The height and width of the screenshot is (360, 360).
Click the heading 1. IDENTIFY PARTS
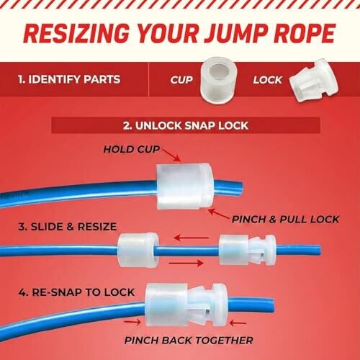tap(69, 79)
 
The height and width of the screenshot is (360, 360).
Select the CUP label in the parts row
tap(181, 80)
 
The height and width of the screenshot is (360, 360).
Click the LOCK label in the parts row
tap(268, 80)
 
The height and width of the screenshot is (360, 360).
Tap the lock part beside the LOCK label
tap(313, 81)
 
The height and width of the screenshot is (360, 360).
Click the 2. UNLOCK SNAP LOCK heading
tap(186, 125)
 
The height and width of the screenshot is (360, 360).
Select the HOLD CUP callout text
tap(132, 149)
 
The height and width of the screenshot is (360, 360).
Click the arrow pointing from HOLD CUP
tap(171, 155)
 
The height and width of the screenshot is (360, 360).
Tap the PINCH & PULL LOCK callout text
tap(285, 219)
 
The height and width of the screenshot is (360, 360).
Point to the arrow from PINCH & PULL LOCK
tap(218, 214)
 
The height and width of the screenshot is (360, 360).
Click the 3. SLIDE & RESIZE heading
tap(68, 227)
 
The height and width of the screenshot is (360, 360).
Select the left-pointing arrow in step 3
tap(192, 238)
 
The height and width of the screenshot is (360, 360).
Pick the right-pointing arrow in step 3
tap(186, 264)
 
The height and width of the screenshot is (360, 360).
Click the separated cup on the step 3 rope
tap(138, 250)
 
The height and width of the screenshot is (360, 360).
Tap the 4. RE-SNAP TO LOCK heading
tap(76, 292)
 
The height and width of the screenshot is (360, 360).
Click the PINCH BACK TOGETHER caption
tap(189, 341)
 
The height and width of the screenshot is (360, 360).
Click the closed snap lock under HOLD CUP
tap(185, 186)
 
